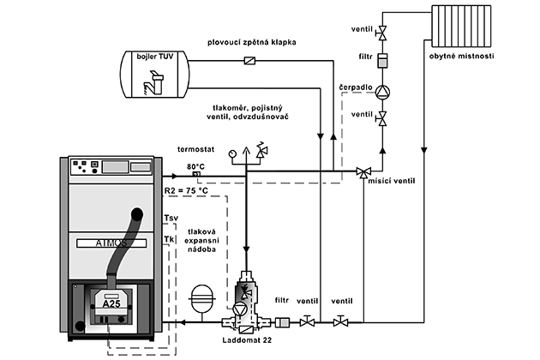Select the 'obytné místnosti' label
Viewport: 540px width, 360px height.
coord(461,57)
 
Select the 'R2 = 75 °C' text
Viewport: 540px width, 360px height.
coord(187,190)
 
